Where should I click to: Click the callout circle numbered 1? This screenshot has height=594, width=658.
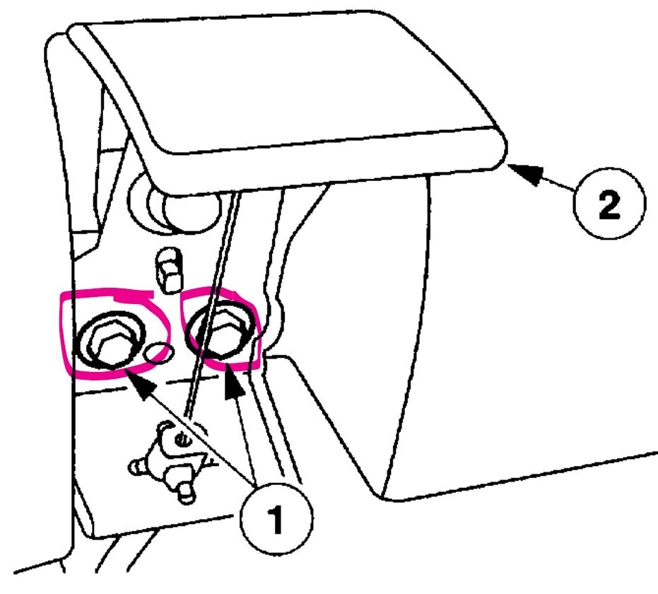276,519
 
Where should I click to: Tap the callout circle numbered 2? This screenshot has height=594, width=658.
609,204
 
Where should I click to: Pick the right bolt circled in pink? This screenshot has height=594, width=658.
221,331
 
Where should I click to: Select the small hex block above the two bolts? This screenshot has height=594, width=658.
169,270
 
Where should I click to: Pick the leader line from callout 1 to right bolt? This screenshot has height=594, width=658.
245,440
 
